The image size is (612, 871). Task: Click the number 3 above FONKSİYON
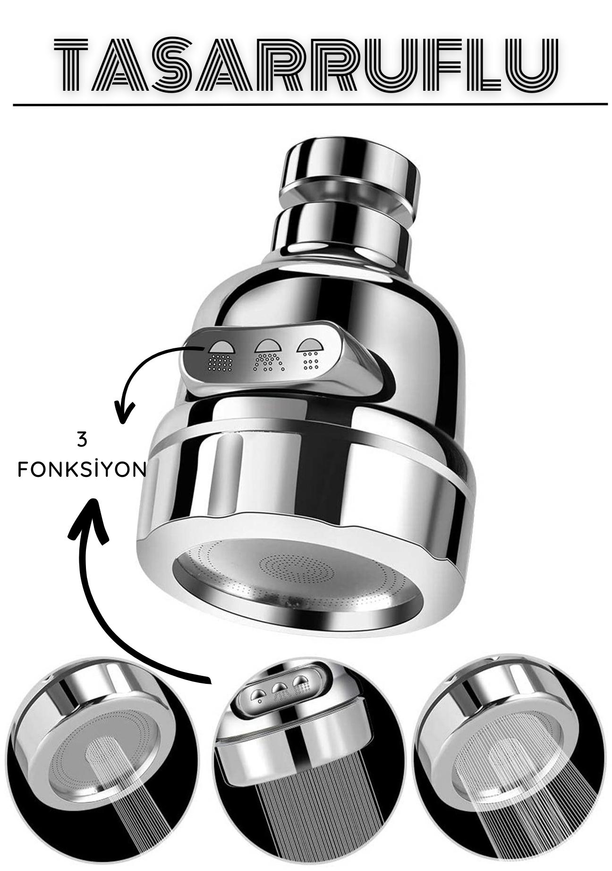point(82,440)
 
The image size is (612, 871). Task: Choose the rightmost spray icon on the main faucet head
point(310,353)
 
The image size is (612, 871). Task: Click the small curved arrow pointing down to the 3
point(142,373)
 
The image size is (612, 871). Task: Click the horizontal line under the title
point(310,104)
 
